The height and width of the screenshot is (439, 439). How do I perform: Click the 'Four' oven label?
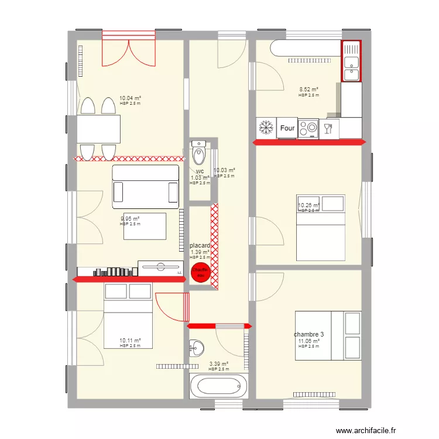(x=287, y=128)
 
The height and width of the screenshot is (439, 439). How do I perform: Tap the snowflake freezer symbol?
(x=266, y=128)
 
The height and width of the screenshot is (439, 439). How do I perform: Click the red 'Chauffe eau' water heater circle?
(x=201, y=272)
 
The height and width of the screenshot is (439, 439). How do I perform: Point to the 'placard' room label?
(x=200, y=246)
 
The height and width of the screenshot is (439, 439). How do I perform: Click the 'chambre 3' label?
(x=308, y=335)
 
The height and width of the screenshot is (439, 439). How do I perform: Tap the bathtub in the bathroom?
(x=217, y=386)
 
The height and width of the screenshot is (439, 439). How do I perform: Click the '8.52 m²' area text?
(x=308, y=90)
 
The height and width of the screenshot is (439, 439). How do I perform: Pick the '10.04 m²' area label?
(x=130, y=98)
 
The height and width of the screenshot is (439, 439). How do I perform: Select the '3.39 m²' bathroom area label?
(x=218, y=364)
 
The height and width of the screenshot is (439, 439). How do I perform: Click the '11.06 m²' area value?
(x=308, y=341)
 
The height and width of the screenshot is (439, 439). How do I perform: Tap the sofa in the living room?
(x=146, y=186)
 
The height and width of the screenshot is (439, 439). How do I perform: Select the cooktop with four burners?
(x=308, y=128)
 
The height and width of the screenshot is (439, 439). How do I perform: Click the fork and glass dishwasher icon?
(x=328, y=128)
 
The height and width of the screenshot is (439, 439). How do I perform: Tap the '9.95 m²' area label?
(x=130, y=219)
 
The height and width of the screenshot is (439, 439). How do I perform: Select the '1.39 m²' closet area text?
(x=200, y=252)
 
